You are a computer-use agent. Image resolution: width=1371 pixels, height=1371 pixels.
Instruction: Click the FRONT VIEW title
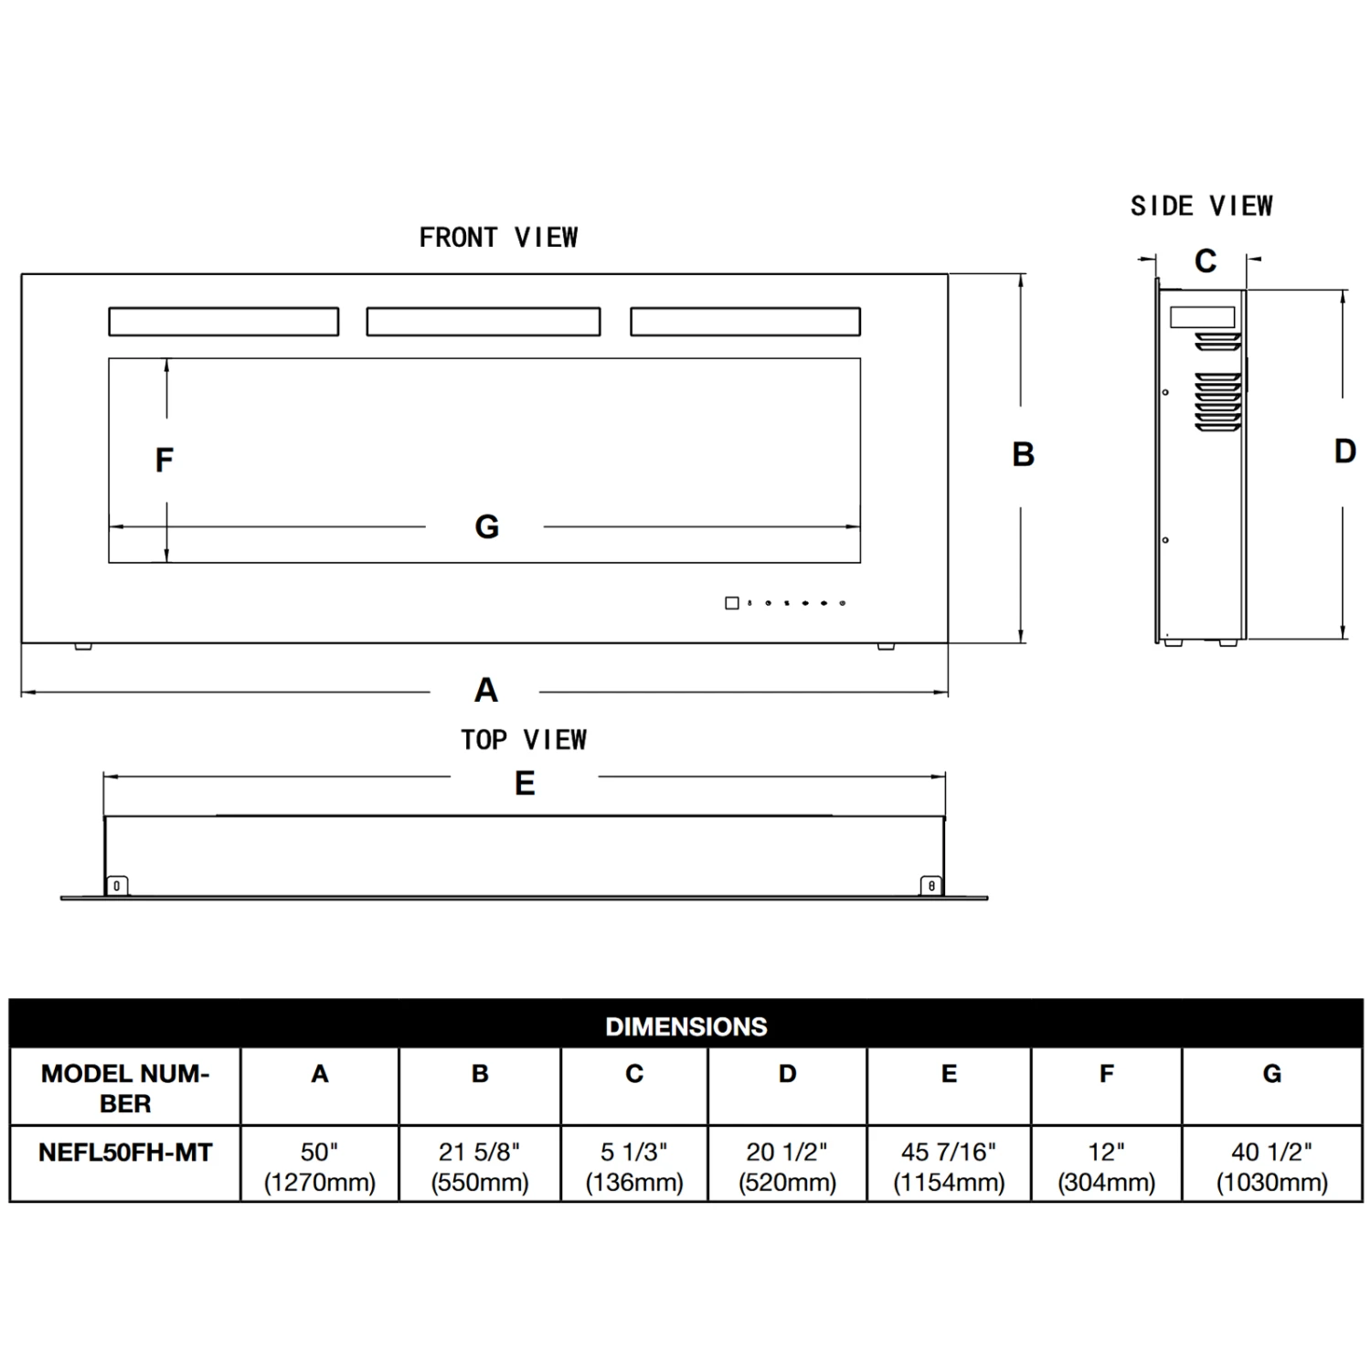point(498,238)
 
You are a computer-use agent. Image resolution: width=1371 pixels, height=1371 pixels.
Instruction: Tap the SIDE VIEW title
point(1201,207)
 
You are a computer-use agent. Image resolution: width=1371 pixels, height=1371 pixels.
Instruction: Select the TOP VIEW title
point(524,739)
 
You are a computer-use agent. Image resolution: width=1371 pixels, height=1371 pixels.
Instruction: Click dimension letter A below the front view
point(486,690)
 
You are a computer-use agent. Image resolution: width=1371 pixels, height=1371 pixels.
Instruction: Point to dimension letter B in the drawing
point(1023,454)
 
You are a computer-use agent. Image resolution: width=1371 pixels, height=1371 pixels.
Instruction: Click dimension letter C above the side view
point(1206,261)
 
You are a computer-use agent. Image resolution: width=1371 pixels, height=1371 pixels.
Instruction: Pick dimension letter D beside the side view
point(1344,451)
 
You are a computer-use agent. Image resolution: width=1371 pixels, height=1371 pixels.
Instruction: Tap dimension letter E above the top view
point(525,783)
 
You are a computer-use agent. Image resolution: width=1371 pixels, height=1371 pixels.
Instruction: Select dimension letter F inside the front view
point(164,460)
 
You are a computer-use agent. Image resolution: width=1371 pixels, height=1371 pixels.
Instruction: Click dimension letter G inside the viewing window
point(487,526)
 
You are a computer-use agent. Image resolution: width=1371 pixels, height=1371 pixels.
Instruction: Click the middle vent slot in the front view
point(484,322)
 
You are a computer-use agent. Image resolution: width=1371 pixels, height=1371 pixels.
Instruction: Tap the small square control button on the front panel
point(731,603)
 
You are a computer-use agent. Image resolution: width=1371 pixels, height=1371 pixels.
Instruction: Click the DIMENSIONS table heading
point(685,1026)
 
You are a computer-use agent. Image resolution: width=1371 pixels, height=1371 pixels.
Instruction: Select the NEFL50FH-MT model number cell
point(125,1153)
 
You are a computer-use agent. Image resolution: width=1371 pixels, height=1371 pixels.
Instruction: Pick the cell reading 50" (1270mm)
point(320,1167)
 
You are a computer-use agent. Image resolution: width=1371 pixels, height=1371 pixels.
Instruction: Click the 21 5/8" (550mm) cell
point(480,1167)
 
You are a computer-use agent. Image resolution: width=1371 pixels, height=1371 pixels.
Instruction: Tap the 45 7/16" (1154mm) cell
point(949,1167)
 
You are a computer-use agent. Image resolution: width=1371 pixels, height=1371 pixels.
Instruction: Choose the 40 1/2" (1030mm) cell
point(1271,1167)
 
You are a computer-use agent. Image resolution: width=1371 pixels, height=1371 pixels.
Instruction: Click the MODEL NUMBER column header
point(125,1088)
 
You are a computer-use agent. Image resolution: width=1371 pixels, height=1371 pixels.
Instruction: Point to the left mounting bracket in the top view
point(116,886)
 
